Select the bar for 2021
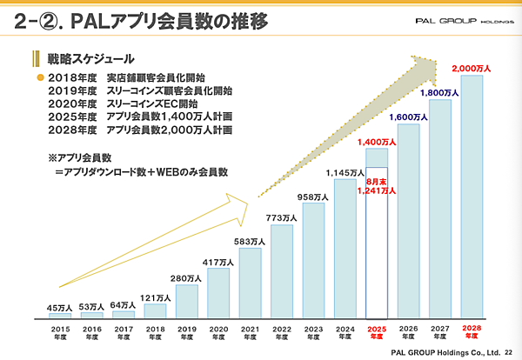coord(250,282)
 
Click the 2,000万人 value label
coord(472,67)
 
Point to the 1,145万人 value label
coord(345,172)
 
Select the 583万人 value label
coord(250,241)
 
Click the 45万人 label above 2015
coord(59,307)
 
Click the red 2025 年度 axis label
coord(377,332)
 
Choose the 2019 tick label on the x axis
coord(186,332)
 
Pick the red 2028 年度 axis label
coord(472,332)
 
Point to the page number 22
coord(509,352)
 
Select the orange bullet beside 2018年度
coord(39,78)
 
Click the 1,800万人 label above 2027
coord(439,92)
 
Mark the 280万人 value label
coord(186,278)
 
